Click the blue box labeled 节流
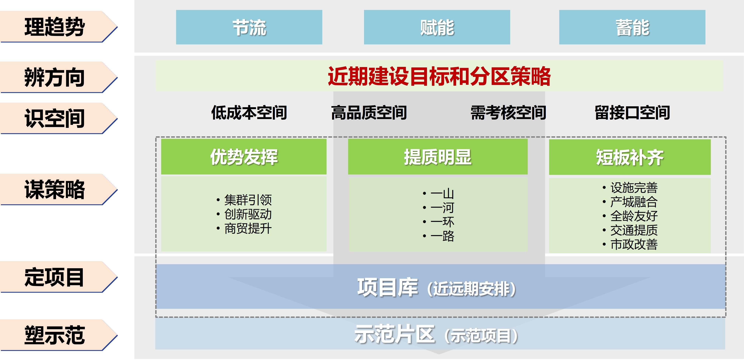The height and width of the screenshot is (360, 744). (249, 27)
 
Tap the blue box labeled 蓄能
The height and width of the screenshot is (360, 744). (632, 27)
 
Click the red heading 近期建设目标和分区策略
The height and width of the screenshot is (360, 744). (439, 76)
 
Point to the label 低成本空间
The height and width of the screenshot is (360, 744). (249, 113)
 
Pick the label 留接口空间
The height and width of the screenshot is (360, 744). (632, 113)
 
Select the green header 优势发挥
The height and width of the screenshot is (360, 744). (244, 157)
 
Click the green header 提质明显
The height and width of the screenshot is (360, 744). (438, 157)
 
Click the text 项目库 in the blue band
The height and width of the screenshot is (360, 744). (388, 288)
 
